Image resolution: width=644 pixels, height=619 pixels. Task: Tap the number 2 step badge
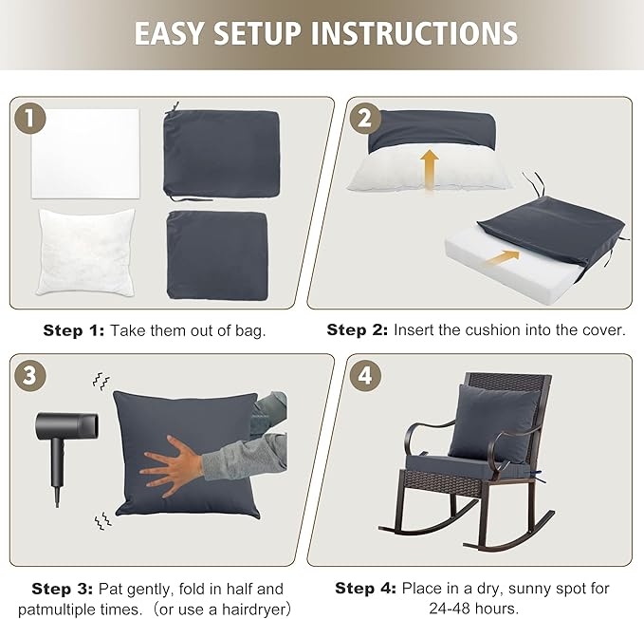point(364,119)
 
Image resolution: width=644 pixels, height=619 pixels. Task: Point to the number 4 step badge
point(364,376)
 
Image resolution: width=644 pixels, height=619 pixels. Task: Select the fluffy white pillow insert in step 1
point(85,249)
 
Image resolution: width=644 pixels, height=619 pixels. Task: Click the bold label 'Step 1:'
point(74,330)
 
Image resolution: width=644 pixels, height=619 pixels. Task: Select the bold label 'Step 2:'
point(358,330)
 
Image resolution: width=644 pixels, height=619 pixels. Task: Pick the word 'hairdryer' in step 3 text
point(250,608)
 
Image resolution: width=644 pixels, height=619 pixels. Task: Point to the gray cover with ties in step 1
point(219,152)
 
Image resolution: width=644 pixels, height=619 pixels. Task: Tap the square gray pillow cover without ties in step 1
point(218,251)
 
